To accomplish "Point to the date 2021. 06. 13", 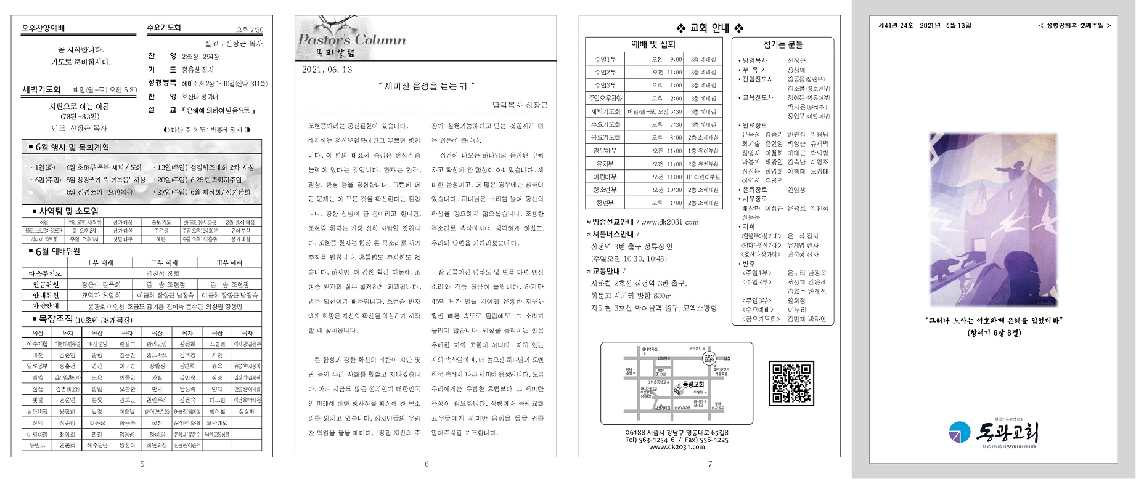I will point(327,70).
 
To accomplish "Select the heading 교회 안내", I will point(709,28).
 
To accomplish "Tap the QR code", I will point(791,383).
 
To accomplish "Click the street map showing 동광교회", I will point(676,383).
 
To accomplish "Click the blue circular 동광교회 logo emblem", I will point(960,432).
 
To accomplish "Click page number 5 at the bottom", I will point(142,464).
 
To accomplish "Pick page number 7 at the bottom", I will point(709,464).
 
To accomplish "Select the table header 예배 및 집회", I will point(653,44).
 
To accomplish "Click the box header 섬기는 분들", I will point(783,44).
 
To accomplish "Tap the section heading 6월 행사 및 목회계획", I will point(72,147).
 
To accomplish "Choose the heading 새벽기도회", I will point(42,90).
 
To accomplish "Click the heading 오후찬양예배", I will point(43,28).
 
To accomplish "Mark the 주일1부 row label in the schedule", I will point(605,60).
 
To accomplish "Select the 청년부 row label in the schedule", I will point(605,203).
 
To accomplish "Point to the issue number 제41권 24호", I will point(896,26).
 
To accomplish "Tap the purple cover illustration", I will point(993,220).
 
